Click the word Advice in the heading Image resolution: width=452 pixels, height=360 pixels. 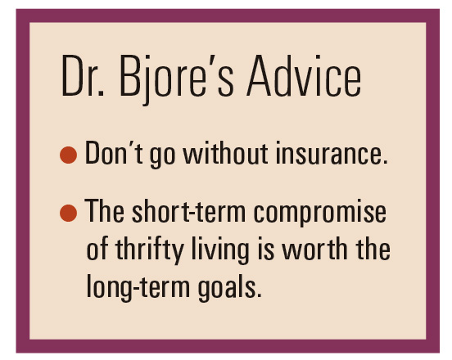(304, 76)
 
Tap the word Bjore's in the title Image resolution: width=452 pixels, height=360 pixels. (176, 79)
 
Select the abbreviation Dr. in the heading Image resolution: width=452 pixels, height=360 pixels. (83, 76)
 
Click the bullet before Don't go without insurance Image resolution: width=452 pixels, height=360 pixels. (68, 155)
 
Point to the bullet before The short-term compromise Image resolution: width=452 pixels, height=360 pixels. (68, 213)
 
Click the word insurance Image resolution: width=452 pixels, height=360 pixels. (332, 154)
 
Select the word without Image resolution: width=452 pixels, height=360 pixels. (225, 153)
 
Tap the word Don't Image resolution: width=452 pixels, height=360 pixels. (114, 153)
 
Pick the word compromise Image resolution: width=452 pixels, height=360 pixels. (319, 213)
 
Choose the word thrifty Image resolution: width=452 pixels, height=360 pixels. (150, 250)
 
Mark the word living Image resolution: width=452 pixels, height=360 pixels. (220, 250)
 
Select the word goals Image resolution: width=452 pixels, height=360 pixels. (230, 287)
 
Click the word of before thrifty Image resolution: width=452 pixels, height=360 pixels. (97, 248)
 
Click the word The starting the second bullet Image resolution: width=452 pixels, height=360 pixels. (104, 211)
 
